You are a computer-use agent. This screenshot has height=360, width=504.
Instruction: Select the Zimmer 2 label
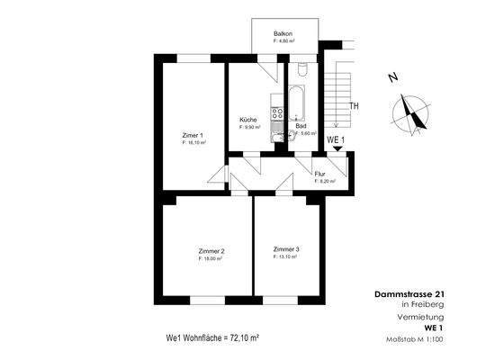[x=211, y=250]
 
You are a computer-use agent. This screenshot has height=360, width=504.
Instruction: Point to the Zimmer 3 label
[x=286, y=248]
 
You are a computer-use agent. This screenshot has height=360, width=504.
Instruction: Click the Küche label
[x=248, y=120]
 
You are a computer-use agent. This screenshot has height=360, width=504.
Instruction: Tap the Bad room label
[x=301, y=126]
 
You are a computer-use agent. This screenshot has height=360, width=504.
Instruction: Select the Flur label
[x=319, y=173]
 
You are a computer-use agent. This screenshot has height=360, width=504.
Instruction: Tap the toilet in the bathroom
[x=302, y=68]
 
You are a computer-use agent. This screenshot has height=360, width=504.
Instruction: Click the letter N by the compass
[x=393, y=78]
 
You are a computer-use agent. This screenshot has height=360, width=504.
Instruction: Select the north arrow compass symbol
[x=410, y=112]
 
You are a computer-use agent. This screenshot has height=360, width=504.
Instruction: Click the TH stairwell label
[x=355, y=106]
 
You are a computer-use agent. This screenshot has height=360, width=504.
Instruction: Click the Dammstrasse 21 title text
[x=408, y=294]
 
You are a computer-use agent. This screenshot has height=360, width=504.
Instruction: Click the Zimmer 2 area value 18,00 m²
[x=211, y=258]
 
